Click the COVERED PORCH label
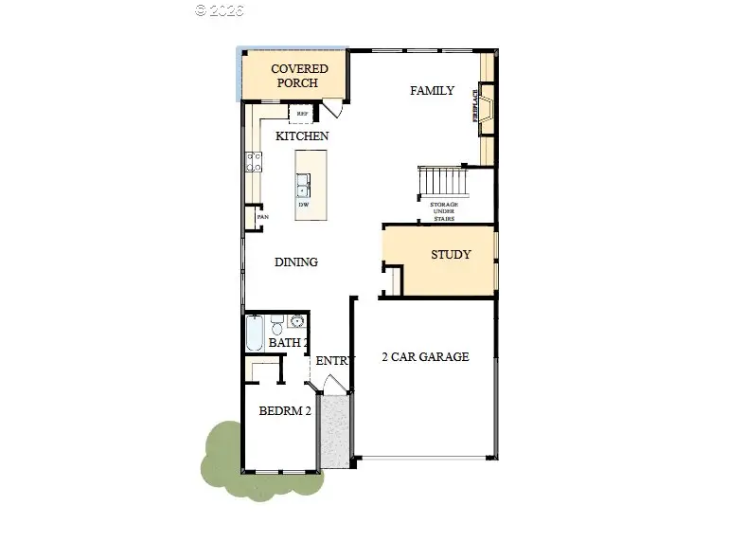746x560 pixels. coord(299,76)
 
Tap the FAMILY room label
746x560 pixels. coord(432,91)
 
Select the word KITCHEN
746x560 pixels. coord(302,136)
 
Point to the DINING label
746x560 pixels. coord(296,262)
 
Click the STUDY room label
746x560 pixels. coord(451,255)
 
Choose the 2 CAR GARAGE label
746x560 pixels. coord(425,357)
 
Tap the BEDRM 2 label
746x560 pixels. coord(285,411)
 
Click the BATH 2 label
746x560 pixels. coord(287,342)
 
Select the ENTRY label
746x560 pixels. coord(333,361)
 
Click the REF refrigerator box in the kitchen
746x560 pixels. coord(303,114)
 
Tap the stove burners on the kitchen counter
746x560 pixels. coord(254,162)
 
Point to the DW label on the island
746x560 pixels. coord(304,205)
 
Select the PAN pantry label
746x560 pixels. coord(261,217)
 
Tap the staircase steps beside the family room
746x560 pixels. coord(443,180)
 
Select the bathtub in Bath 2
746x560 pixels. coord(255,333)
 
